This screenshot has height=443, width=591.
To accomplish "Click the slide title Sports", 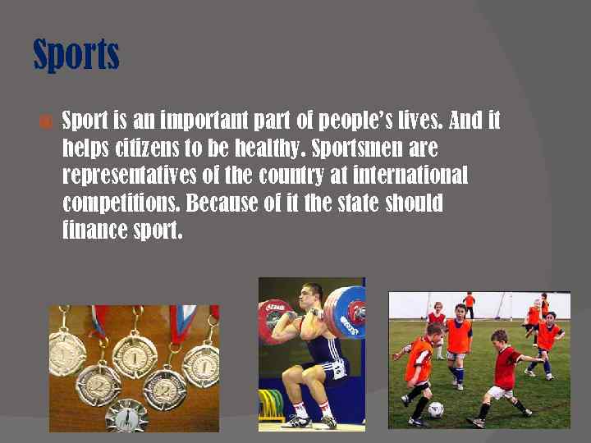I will point(76,55).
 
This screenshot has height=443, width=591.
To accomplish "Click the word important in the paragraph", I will point(208,122).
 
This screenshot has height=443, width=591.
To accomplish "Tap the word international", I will point(413,176).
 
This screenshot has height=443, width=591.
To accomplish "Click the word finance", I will point(94,231).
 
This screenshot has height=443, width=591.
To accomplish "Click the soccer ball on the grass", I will point(436,409).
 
